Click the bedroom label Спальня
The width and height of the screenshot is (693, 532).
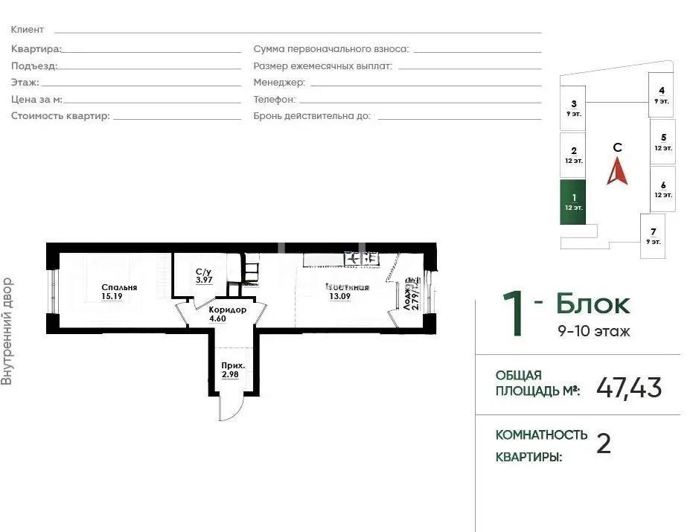point(119,287)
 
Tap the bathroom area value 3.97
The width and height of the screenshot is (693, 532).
point(203,281)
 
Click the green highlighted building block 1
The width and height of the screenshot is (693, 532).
point(572,202)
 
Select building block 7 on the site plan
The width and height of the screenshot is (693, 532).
point(653,236)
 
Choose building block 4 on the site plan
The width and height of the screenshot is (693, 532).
point(661,94)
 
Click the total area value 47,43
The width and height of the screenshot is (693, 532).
point(629,388)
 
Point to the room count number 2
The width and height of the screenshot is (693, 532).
point(604,444)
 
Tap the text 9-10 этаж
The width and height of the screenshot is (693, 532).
point(593,331)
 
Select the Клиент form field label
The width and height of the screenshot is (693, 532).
point(28,30)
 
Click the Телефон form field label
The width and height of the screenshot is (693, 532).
point(274,99)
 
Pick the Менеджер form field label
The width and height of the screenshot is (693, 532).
point(278,82)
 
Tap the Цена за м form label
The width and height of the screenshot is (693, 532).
point(36,99)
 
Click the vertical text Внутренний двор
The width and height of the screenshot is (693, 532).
point(7,331)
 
